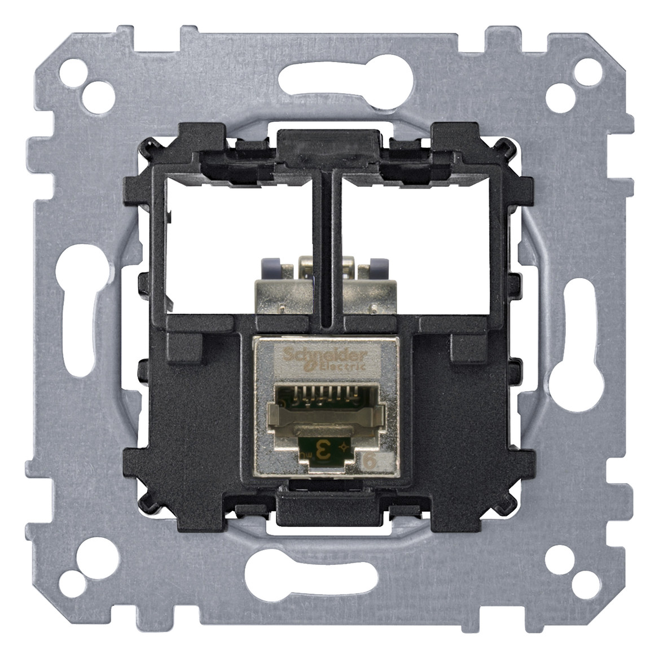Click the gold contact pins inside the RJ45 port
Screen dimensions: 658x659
[x=320, y=393]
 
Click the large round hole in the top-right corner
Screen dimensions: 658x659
[x=562, y=90]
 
